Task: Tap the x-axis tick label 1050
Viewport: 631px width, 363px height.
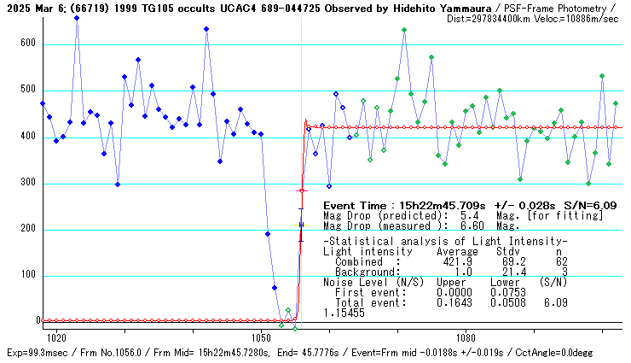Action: click(261, 337)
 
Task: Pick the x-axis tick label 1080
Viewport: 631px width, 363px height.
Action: click(466, 337)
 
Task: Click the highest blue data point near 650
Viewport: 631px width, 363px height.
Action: click(77, 18)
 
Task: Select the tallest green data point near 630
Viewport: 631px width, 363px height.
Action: click(404, 30)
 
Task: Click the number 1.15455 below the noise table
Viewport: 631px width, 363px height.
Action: click(344, 313)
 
